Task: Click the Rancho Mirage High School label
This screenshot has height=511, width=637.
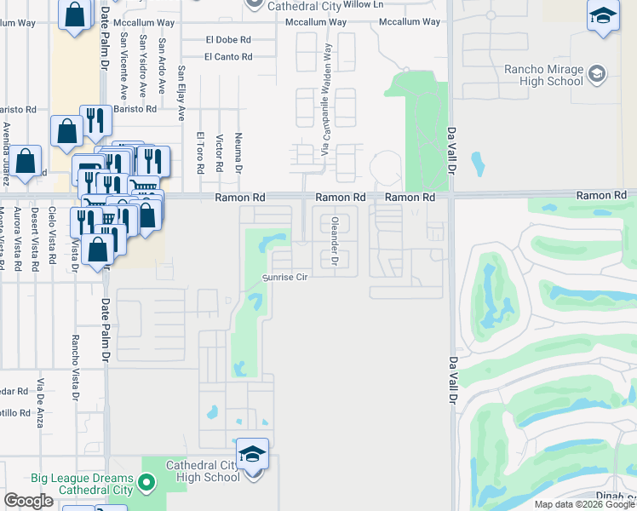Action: pos(543,75)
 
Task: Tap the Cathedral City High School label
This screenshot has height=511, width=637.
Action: pos(203,471)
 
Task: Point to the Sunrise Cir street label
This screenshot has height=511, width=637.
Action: pos(284,278)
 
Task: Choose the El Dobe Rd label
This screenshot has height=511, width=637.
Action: pos(228,39)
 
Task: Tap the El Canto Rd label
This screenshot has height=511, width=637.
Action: pos(229,57)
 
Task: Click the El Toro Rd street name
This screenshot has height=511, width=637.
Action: pos(200,152)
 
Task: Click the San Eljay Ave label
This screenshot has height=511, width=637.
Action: pos(181,93)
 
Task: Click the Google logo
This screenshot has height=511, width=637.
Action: pos(28,501)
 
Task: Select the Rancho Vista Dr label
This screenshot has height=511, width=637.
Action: pos(75,366)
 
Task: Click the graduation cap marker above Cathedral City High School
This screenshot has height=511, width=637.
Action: pos(252,454)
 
